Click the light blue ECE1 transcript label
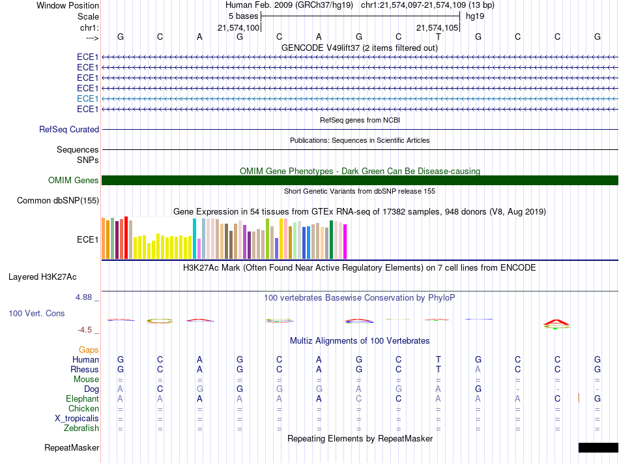point(88,98)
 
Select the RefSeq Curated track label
point(69,129)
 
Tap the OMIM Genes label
point(74,180)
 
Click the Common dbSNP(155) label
point(57,201)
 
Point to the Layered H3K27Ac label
point(42,277)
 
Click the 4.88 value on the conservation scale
point(83,297)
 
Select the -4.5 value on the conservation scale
point(85,330)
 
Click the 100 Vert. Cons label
point(36,313)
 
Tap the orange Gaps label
point(89,350)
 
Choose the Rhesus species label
point(85,369)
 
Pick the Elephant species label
point(82,398)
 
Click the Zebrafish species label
point(81,428)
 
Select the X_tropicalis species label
point(77,419)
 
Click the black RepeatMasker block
point(598,447)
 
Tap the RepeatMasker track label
point(72,447)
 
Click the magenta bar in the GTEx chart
point(345,241)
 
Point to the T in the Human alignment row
point(439,359)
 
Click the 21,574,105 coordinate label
point(437,27)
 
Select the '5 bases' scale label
point(243,16)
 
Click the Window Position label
point(68,5)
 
